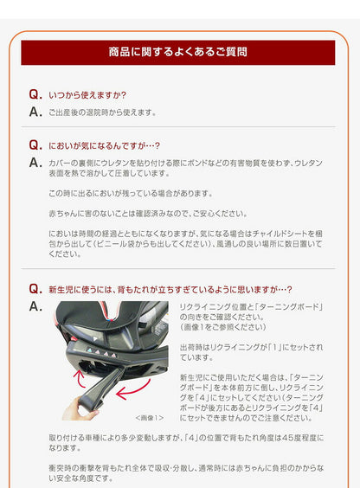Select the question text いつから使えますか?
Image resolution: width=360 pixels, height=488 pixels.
87,95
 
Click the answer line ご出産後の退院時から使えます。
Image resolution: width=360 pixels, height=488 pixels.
102,112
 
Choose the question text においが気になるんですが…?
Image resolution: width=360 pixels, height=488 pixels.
105,146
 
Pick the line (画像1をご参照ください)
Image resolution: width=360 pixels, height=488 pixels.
223,328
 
